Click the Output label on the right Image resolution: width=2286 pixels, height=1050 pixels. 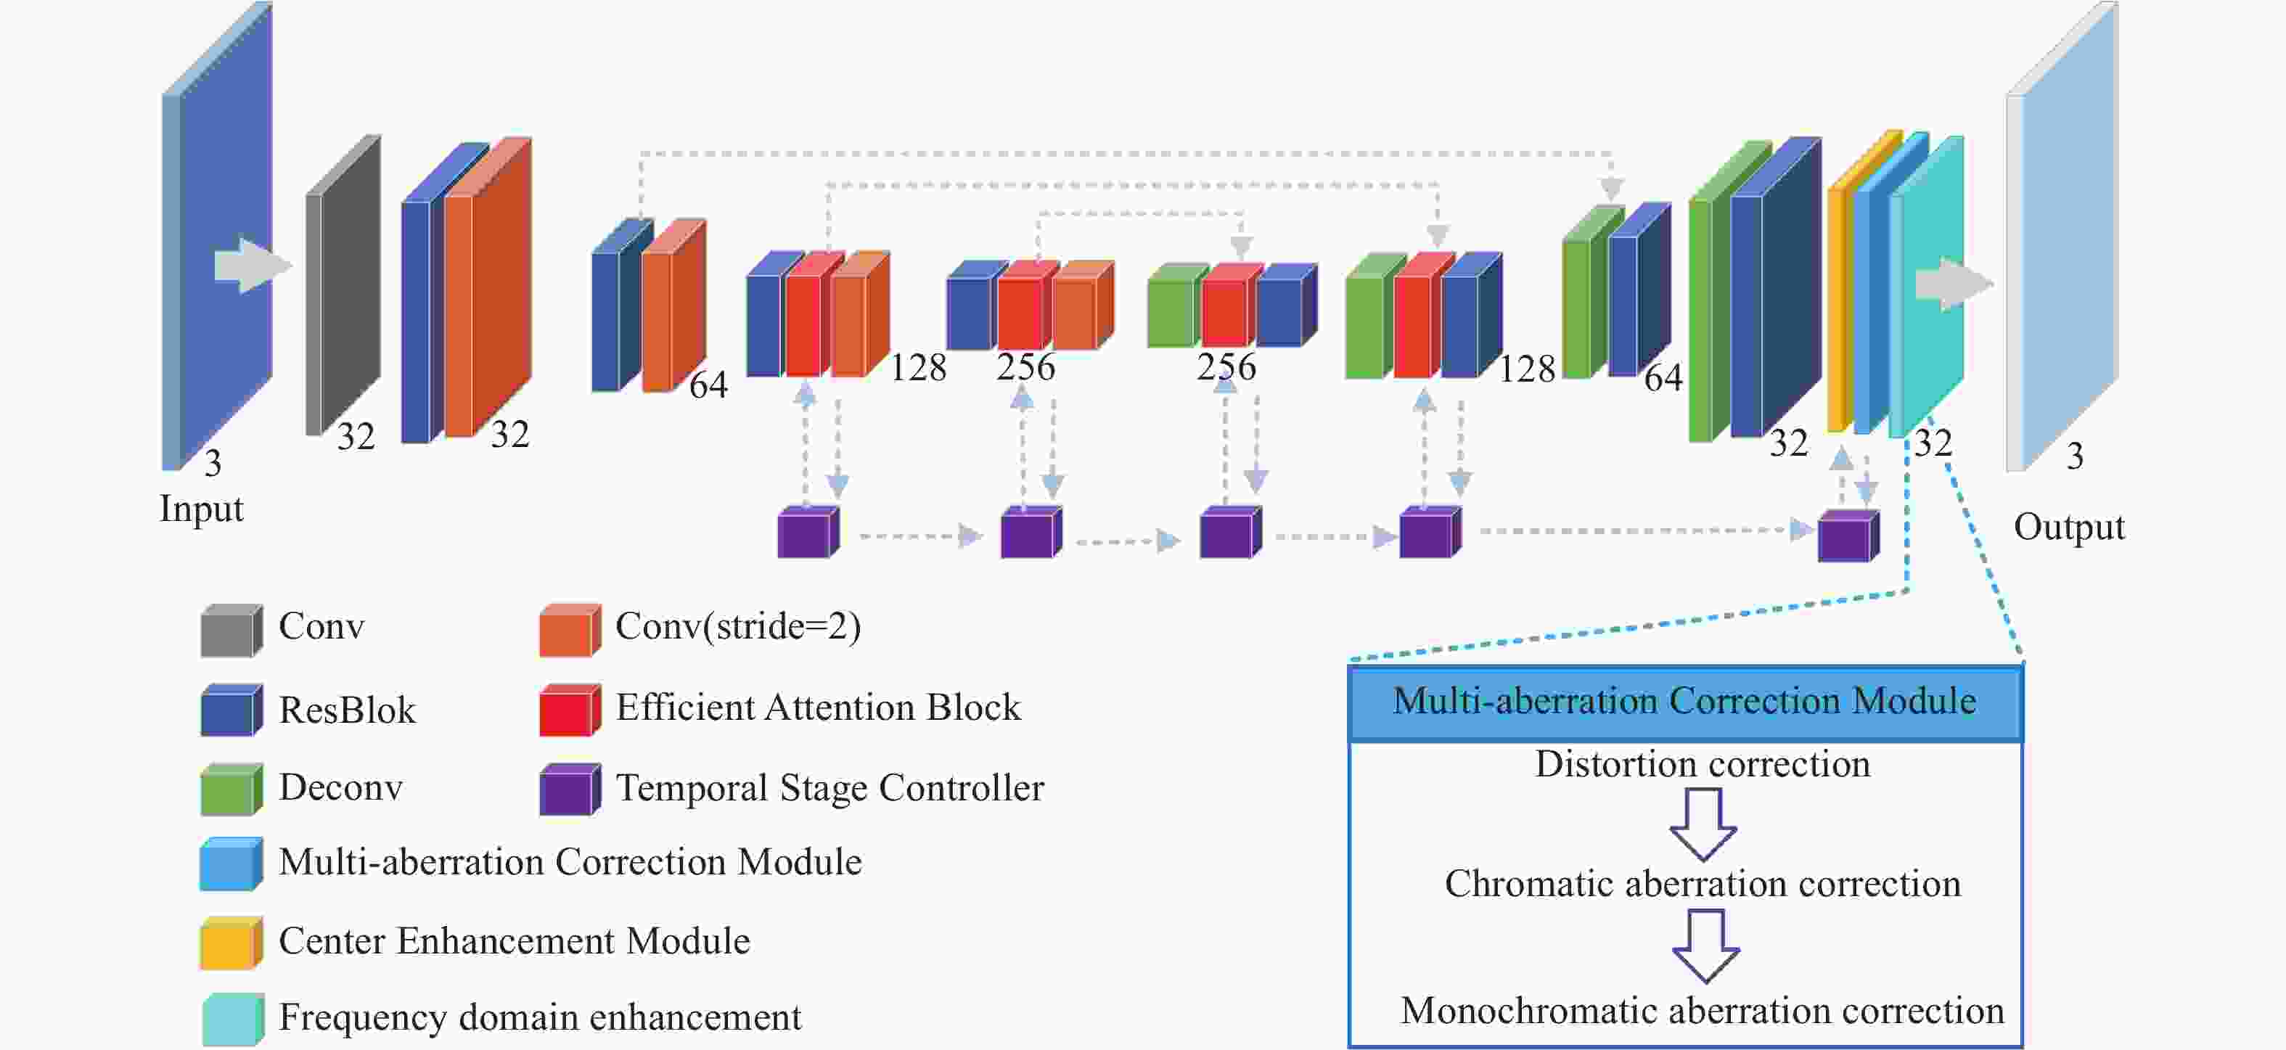coord(2068,528)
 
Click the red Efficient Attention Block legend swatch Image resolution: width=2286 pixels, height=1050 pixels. coord(569,711)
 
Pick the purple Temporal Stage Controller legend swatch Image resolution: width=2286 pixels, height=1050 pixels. coord(569,790)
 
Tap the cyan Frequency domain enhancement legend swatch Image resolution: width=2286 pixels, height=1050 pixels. coord(230,1019)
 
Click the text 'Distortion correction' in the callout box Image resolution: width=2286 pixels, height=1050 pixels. coord(1702,765)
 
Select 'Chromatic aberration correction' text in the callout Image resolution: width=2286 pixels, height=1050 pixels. coord(1702,885)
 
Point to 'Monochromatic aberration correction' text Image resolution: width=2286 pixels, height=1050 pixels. coord(1702,1012)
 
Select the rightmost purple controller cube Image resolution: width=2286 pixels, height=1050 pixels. coord(1847,537)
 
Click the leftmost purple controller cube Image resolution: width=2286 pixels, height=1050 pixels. coord(807,533)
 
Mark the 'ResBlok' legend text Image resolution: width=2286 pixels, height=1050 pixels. coord(347,711)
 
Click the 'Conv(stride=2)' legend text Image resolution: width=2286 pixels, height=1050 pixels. coord(737,628)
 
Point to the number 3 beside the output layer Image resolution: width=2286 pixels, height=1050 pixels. coord(2074,457)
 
